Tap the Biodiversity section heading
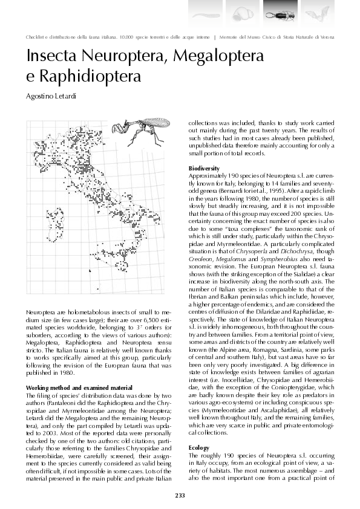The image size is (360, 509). click(204, 168)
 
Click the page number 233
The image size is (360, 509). click(180, 495)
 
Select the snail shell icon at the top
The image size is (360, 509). click(242, 11)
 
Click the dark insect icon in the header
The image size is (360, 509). click(280, 11)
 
